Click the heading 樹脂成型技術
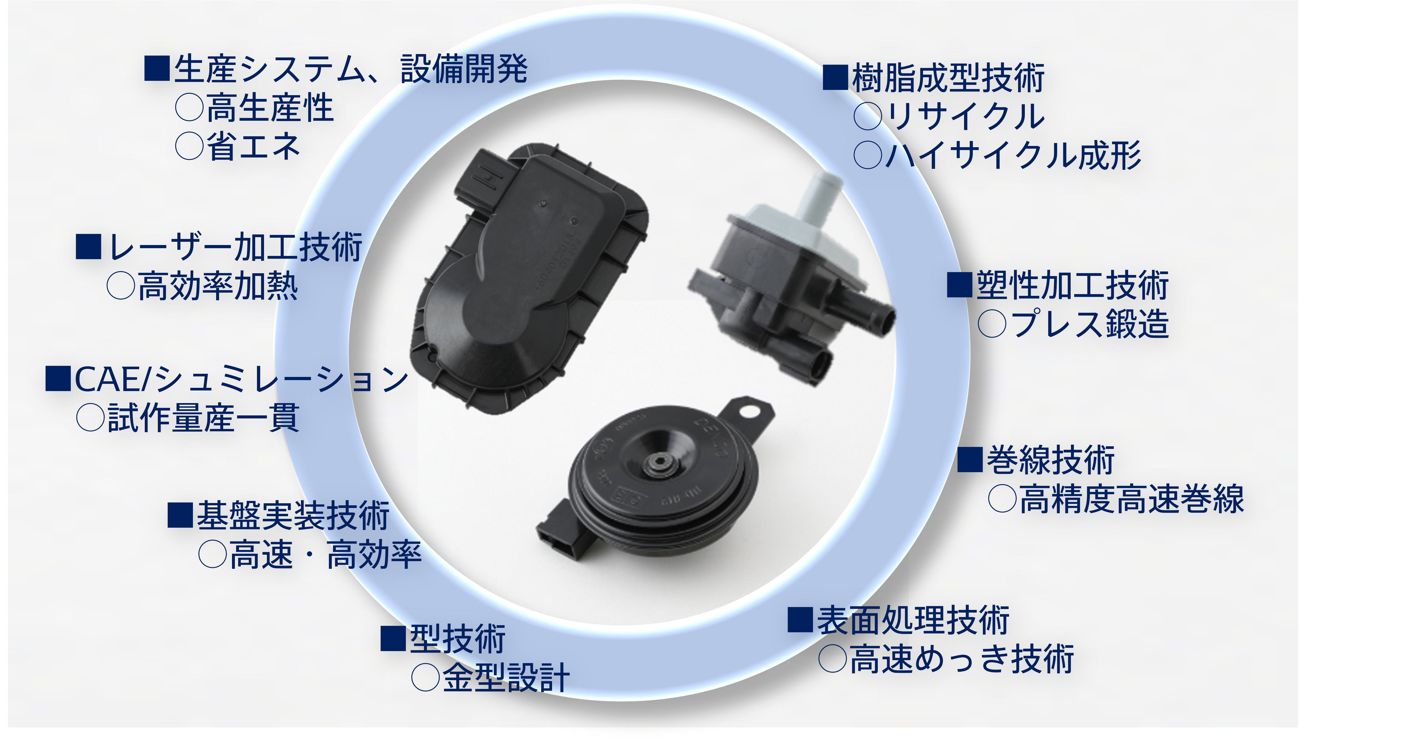(948, 78)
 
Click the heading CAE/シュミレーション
(241, 379)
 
